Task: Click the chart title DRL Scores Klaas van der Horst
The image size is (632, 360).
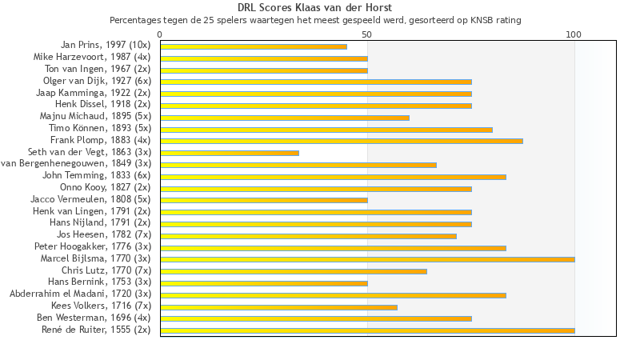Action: pos(315,8)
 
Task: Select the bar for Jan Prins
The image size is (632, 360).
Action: pos(254,46)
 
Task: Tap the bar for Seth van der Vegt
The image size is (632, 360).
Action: pos(230,153)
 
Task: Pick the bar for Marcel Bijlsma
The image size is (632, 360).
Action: pos(367,259)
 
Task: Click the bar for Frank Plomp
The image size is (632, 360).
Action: pos(342,141)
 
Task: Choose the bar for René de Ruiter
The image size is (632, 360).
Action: pos(367,330)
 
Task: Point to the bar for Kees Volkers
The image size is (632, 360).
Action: pos(278,306)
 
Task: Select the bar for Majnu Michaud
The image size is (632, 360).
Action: pos(285,118)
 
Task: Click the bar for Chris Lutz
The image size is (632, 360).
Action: pos(294,271)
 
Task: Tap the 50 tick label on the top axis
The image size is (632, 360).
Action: pos(367,34)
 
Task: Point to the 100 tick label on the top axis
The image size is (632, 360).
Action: pos(574,34)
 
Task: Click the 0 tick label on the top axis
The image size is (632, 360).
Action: pos(160,34)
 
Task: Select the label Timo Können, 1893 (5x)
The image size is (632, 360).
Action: pos(100,128)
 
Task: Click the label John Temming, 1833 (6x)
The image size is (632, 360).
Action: pos(97,175)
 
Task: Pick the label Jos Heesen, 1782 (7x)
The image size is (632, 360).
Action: pos(104,234)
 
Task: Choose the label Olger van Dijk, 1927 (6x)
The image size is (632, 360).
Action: pos(97,81)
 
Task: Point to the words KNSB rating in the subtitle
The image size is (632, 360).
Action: pos(496,20)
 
